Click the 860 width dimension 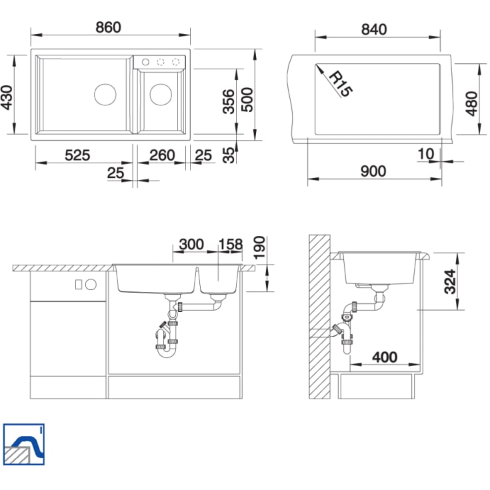pyautogui.click(x=108, y=27)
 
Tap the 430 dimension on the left pyautogui.click(x=7, y=98)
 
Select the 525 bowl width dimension pyautogui.click(x=77, y=155)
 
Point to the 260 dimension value pyautogui.click(x=162, y=155)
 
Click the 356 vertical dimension pyautogui.click(x=229, y=101)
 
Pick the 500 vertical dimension pyautogui.click(x=247, y=100)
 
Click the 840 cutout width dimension pyautogui.click(x=374, y=29)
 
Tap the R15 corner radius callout pyautogui.click(x=341, y=84)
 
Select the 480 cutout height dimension pyautogui.click(x=471, y=104)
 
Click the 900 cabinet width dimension pyautogui.click(x=373, y=171)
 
